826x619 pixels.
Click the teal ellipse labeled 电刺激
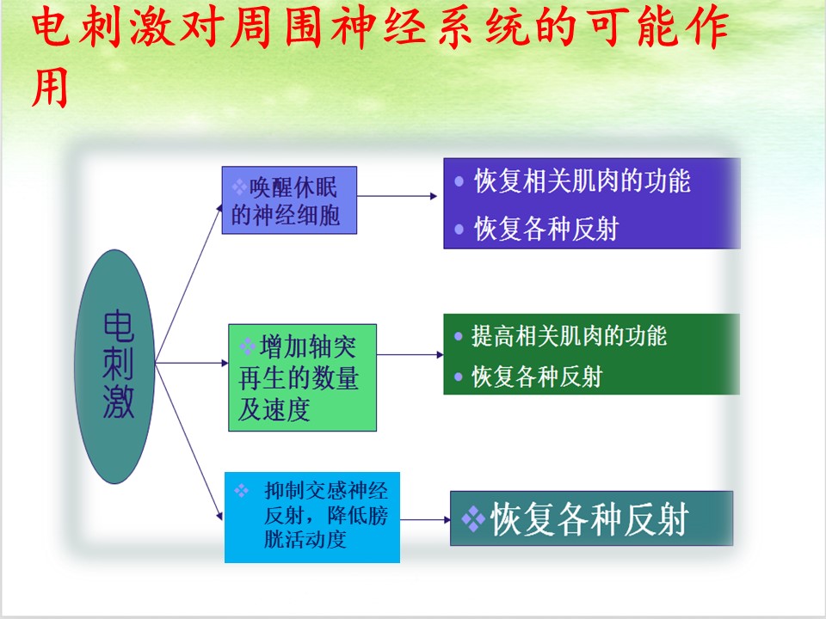tap(114, 366)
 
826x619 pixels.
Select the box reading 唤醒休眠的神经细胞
tap(289, 200)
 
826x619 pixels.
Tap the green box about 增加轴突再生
tap(302, 377)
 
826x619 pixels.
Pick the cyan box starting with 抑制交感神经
tap(312, 518)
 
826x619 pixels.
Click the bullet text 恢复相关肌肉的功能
tap(583, 181)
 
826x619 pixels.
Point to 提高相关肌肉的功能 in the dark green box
tap(569, 336)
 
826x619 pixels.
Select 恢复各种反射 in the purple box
tap(546, 229)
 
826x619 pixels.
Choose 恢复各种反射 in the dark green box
tap(536, 377)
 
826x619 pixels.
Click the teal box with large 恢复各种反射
tap(591, 518)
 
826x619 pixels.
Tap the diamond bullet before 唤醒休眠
tap(239, 187)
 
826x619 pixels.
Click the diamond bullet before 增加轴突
tap(247, 346)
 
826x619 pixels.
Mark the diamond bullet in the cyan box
tap(241, 491)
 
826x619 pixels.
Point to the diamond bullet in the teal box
tap(473, 519)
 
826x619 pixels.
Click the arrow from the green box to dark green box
tap(410, 355)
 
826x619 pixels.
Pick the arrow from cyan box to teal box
tap(425, 519)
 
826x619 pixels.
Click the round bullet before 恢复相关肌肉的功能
tap(459, 182)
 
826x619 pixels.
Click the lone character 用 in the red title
tap(50, 87)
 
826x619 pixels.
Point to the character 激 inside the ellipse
tap(118, 401)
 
